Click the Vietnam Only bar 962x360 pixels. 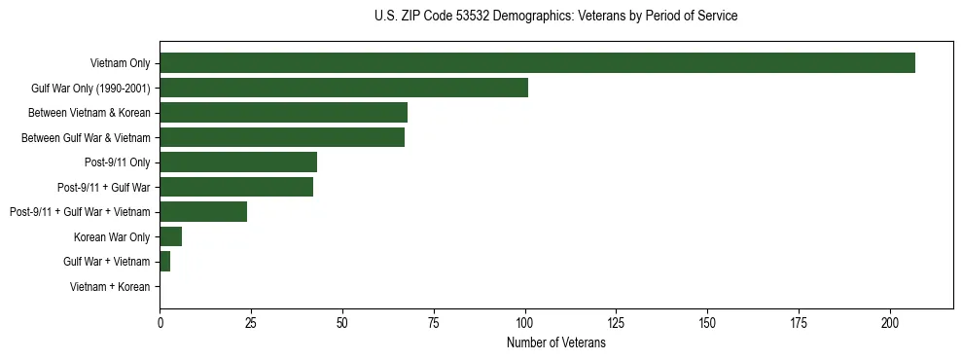[x=537, y=63]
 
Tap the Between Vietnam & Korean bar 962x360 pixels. [x=283, y=113]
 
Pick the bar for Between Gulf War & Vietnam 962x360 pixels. [x=282, y=138]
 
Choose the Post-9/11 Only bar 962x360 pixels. [x=238, y=162]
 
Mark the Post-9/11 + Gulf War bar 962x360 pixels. [x=236, y=187]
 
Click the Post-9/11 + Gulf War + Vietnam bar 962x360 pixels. [x=203, y=212]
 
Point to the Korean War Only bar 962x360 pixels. [x=170, y=236]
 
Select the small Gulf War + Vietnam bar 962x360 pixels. [x=165, y=262]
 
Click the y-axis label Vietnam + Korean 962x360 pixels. [x=110, y=287]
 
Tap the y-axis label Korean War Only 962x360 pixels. [x=112, y=237]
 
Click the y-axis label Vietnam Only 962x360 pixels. [x=121, y=64]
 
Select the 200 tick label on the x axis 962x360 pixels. [x=890, y=322]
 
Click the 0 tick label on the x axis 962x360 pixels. [x=160, y=322]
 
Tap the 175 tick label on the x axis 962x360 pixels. [x=799, y=322]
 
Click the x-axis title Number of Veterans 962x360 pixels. [x=555, y=343]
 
